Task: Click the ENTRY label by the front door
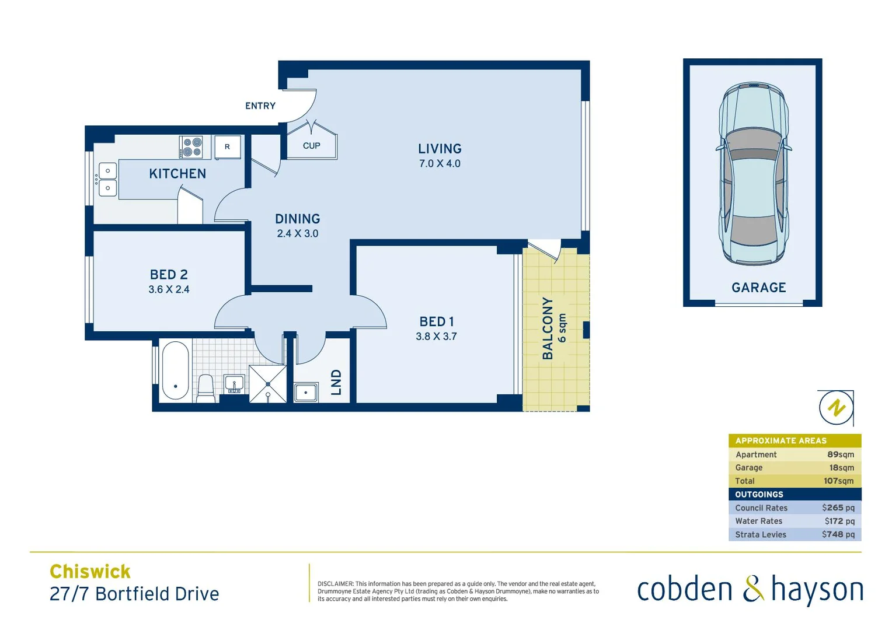coord(260,106)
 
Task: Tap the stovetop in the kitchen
coord(191,147)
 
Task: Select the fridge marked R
coord(227,147)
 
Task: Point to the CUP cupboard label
coord(311,146)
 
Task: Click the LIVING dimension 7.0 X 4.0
coord(440,164)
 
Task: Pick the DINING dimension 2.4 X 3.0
coord(298,234)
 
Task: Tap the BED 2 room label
coord(169,275)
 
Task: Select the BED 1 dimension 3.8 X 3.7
coord(436,337)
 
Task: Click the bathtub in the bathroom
coord(175,371)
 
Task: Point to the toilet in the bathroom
coord(205,388)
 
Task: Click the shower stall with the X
coord(268,384)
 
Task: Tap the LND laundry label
coord(336,382)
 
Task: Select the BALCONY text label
coord(548,328)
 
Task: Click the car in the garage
coord(753,173)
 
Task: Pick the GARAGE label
coord(758,288)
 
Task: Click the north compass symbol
coord(836,408)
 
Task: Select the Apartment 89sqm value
coord(840,454)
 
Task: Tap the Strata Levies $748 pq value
coord(838,534)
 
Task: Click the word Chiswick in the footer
coord(90,572)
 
